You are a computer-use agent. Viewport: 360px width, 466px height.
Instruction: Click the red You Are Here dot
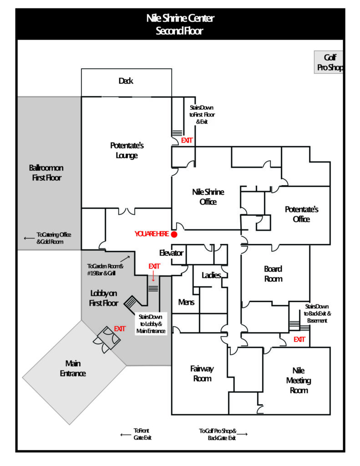(x=174, y=234)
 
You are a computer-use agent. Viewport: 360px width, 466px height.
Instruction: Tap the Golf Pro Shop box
(x=329, y=62)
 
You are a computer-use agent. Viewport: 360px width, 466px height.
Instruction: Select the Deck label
(x=126, y=81)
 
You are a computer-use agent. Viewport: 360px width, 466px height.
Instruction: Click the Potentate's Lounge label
(x=127, y=151)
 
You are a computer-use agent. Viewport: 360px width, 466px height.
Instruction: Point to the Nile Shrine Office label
(x=208, y=197)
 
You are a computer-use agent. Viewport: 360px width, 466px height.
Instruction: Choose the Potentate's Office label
(x=301, y=214)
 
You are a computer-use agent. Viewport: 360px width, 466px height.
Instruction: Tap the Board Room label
(x=273, y=274)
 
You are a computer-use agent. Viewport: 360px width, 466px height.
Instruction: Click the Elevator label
(x=171, y=253)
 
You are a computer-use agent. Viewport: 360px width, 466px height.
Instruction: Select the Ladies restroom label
(x=212, y=275)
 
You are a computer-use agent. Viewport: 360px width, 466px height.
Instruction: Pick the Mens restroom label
(x=186, y=302)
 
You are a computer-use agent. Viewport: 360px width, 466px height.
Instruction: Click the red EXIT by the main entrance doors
(x=120, y=329)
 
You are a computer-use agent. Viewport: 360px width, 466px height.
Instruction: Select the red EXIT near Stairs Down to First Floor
(x=187, y=140)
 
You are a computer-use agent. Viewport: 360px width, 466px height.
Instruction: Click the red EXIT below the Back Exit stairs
(x=299, y=339)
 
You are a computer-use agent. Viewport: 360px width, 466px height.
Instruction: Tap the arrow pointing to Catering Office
(x=29, y=238)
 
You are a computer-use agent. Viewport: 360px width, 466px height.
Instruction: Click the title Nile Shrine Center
(x=180, y=19)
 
